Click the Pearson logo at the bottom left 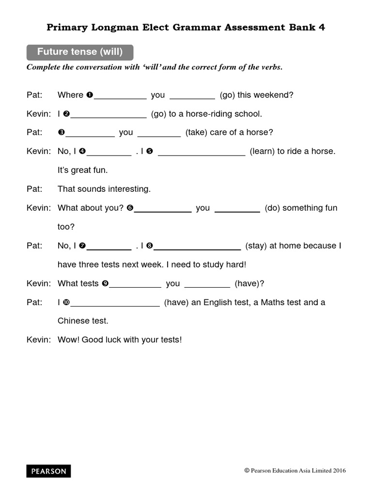click(x=48, y=471)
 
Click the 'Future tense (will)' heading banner click(x=79, y=52)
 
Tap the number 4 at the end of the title click(x=322, y=28)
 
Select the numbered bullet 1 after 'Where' click(x=89, y=95)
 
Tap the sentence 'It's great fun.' click(x=82, y=170)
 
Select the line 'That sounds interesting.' click(x=104, y=189)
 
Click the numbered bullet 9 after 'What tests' click(x=105, y=284)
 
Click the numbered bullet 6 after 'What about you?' click(x=130, y=208)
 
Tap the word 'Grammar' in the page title click(x=195, y=28)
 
